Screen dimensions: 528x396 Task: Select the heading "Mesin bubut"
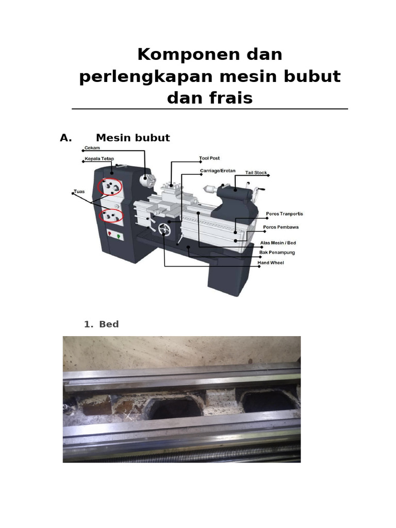click(x=133, y=138)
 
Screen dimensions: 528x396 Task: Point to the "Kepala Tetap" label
click(x=99, y=159)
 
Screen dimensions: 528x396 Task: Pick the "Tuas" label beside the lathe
click(x=79, y=191)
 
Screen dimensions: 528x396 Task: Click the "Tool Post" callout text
click(x=209, y=158)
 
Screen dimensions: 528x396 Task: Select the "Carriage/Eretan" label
click(x=218, y=170)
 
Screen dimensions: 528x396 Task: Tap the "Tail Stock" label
click(x=256, y=173)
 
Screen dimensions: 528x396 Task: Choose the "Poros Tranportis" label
click(x=284, y=213)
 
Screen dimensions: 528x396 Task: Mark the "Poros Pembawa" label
click(x=280, y=227)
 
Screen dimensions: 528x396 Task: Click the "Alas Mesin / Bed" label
click(x=279, y=242)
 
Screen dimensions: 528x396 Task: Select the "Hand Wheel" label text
click(x=271, y=263)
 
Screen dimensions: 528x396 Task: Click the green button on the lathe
click(x=119, y=237)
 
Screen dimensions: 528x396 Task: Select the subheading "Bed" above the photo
click(x=109, y=324)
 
